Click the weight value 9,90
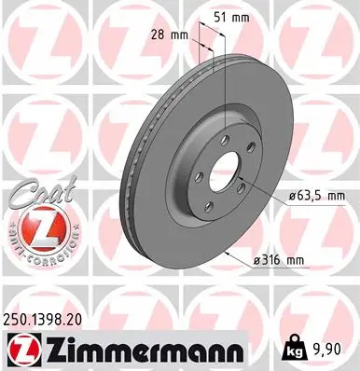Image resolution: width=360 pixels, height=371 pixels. click(326, 350)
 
